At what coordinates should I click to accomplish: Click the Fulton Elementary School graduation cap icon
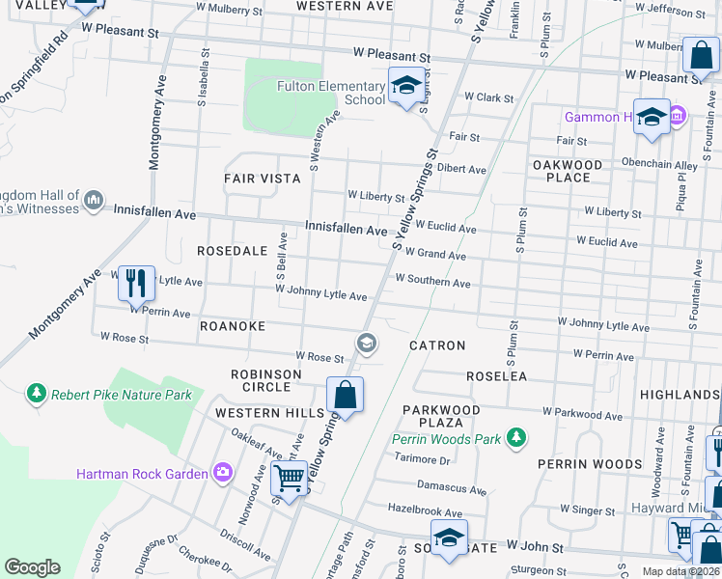406,87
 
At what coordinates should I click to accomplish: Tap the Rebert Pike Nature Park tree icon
36,394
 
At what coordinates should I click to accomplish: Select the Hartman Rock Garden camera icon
224,473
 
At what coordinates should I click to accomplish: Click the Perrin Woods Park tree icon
516,439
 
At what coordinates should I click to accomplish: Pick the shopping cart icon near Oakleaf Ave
289,477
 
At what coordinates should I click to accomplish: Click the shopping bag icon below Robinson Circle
346,395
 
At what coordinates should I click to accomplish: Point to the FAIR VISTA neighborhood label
263,179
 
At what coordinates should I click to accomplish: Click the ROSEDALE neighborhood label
232,251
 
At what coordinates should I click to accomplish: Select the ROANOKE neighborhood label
232,327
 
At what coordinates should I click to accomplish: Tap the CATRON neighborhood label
437,345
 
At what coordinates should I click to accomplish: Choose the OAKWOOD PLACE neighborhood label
568,171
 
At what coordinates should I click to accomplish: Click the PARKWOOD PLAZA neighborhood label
441,417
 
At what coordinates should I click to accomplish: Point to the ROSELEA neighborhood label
496,376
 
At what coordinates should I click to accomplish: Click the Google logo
32,567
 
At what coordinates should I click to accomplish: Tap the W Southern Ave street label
432,284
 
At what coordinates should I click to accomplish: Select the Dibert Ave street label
461,170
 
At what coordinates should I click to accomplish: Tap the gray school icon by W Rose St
366,343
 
